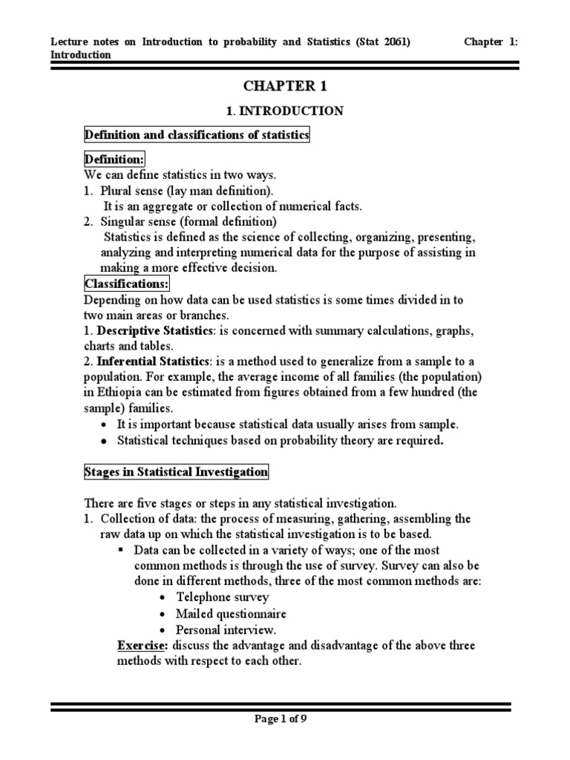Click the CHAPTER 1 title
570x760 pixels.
click(x=284, y=86)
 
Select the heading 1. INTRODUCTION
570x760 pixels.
click(x=284, y=111)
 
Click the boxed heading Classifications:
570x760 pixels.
click(x=127, y=284)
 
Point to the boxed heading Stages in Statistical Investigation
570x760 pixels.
click(x=175, y=471)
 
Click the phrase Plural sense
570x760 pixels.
click(x=136, y=191)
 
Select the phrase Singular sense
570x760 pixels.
click(x=141, y=222)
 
